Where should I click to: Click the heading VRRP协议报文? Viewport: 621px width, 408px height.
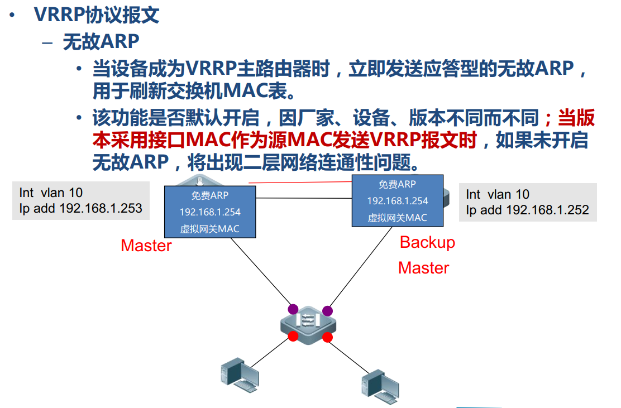(x=97, y=15)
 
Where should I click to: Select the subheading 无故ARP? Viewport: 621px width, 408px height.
(x=101, y=42)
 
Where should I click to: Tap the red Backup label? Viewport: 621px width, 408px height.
(x=427, y=242)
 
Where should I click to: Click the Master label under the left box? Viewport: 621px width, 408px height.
(x=146, y=246)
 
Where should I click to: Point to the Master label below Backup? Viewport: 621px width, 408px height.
(x=423, y=268)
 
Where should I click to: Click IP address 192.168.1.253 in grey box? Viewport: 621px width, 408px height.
(x=101, y=209)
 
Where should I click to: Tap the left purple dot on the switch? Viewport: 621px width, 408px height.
(x=293, y=309)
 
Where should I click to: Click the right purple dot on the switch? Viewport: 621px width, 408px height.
(x=327, y=310)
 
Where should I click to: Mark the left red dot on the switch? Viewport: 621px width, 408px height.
(x=293, y=336)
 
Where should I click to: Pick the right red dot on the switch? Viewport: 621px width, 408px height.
(x=327, y=337)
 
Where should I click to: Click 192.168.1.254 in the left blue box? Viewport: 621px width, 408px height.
(x=210, y=212)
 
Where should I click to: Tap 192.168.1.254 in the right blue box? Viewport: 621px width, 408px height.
(x=398, y=201)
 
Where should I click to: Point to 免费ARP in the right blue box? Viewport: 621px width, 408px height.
(x=398, y=184)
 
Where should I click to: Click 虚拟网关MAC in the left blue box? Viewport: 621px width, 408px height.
(x=210, y=229)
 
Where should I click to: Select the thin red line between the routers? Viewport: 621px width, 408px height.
(x=302, y=182)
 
